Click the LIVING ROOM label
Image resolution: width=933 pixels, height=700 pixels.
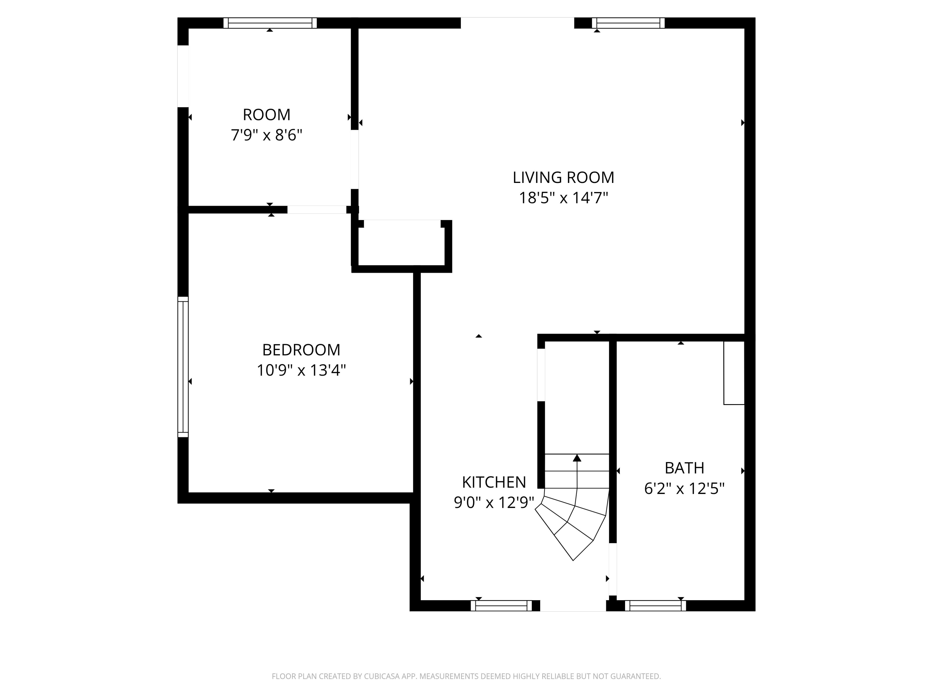click(563, 178)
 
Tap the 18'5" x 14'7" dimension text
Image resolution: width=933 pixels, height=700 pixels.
click(563, 198)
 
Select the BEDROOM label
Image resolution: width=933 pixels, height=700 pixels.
click(301, 350)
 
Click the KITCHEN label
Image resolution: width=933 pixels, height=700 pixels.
click(494, 482)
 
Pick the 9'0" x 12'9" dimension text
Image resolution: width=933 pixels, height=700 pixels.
click(494, 502)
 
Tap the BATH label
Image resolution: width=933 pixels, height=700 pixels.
click(684, 468)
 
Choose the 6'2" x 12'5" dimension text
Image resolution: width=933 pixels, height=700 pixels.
click(684, 489)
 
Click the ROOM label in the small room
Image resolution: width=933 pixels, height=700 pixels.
click(267, 115)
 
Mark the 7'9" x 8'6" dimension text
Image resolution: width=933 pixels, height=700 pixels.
click(267, 135)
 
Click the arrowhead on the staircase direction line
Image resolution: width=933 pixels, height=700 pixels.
click(577, 458)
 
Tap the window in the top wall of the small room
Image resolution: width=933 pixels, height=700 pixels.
click(270, 23)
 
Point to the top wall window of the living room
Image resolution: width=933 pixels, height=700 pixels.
click(628, 23)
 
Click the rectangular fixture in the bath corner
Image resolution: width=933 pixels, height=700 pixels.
click(734, 373)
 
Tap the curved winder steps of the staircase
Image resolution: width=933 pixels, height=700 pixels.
click(572, 523)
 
